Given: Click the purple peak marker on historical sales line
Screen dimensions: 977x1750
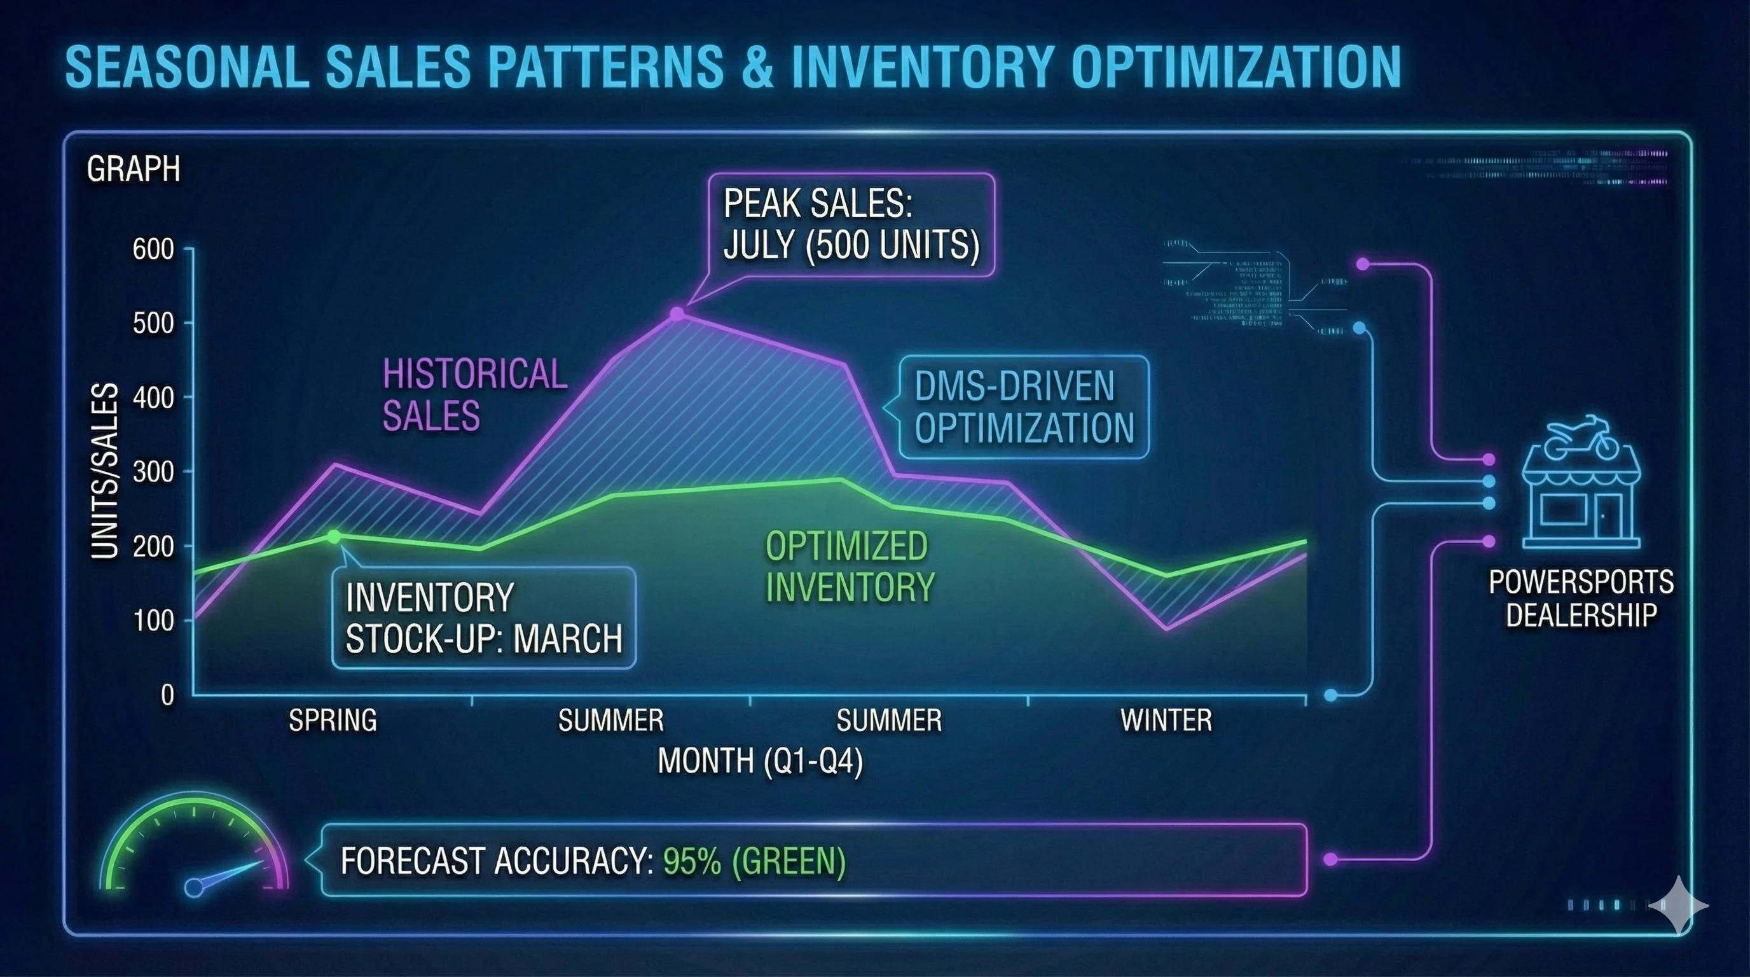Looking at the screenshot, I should coord(677,313).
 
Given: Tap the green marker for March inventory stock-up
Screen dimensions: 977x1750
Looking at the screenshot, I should coord(334,536).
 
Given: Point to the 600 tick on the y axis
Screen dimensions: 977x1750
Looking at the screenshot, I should coord(153,249).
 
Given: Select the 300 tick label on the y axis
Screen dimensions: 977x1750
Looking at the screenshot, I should coord(153,471).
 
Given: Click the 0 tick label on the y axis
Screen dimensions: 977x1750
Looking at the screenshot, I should coord(167,695).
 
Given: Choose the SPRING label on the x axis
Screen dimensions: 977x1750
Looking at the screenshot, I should coord(332,720).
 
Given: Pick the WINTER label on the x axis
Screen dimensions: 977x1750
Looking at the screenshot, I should coord(1166,720).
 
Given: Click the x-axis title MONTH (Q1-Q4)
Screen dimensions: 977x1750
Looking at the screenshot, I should coord(760,760).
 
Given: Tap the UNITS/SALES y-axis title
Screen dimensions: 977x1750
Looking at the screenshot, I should coord(106,471).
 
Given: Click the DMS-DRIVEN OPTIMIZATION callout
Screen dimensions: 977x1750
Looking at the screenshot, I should coord(1024,407).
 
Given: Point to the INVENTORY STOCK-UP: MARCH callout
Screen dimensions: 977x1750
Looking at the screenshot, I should coord(484,618).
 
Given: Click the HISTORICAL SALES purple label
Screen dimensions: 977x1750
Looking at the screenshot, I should coord(474,395).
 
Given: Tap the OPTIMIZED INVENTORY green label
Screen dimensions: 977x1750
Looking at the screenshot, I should coord(849,567).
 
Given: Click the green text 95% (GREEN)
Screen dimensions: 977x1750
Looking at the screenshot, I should coord(754,861).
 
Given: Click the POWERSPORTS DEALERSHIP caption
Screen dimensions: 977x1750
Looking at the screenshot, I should coord(1581,599).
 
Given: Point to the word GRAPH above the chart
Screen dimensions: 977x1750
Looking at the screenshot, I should coord(133,169).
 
